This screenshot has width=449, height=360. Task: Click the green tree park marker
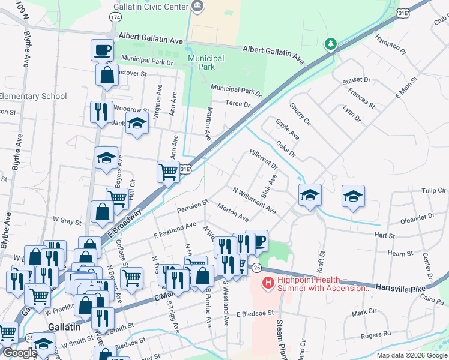[330, 44]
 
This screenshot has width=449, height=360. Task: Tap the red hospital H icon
[269, 281]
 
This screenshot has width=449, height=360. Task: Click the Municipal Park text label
[206, 62]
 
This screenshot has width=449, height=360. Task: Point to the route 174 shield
[115, 18]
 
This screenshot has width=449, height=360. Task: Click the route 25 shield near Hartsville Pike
[256, 266]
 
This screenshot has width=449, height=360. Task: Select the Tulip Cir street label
[434, 190]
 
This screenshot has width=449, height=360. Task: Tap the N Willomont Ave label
[255, 200]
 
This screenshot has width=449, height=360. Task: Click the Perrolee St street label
[192, 206]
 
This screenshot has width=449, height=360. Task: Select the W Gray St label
[67, 221]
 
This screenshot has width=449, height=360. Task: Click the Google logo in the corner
[19, 353]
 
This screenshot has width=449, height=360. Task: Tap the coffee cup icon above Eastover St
[102, 49]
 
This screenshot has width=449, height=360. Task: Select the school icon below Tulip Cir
[354, 196]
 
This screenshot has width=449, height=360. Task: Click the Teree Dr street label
[238, 104]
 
